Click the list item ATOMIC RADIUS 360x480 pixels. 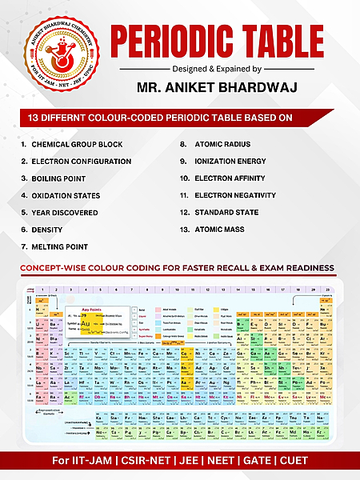(x=222, y=145)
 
